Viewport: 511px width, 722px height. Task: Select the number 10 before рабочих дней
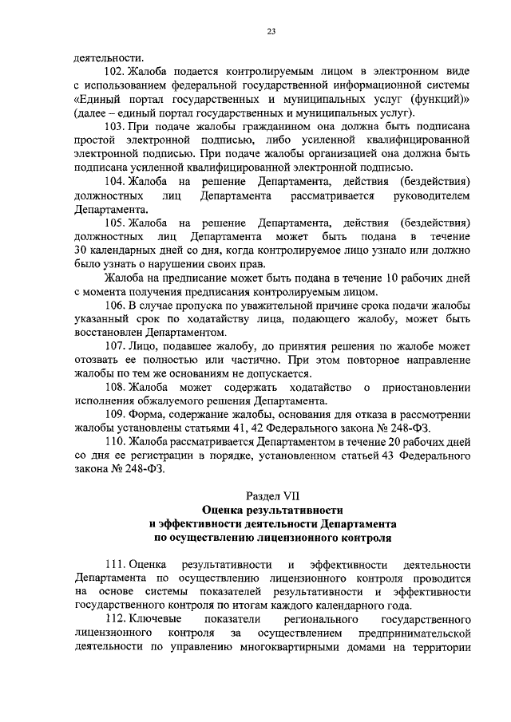pos(366,278)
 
